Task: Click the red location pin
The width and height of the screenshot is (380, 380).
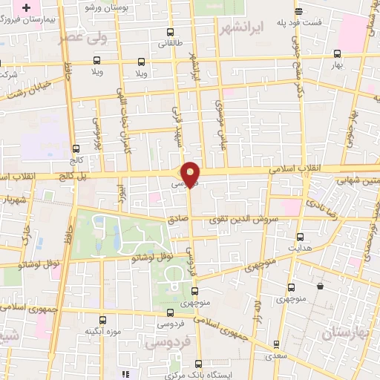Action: pyautogui.click(x=191, y=174)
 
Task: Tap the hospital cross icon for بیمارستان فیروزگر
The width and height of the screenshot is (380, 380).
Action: pyautogui.click(x=27, y=7)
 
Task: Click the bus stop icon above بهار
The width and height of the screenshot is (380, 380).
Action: pyautogui.click(x=338, y=54)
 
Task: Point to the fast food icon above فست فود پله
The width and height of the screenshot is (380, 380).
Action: pyautogui.click(x=298, y=11)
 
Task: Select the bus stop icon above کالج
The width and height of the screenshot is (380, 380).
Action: pyautogui.click(x=76, y=148)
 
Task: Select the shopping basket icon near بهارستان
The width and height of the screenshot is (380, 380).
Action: pyautogui.click(x=320, y=286)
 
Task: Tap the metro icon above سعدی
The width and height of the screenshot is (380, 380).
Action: pyautogui.click(x=276, y=344)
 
